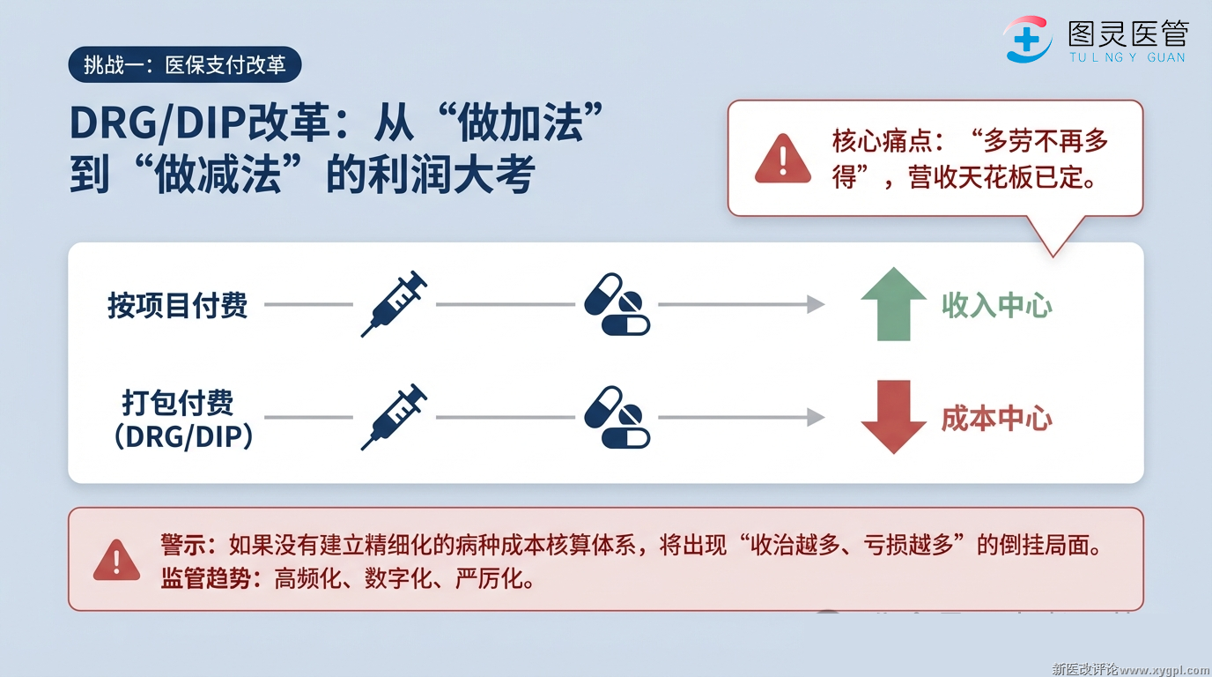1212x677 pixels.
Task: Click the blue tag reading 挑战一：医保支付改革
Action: (184, 65)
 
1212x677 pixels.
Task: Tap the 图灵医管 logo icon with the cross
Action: (1028, 40)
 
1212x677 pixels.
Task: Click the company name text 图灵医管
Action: (1127, 33)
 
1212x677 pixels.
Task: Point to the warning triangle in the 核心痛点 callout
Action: (782, 159)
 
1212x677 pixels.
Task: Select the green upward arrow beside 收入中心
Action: (893, 303)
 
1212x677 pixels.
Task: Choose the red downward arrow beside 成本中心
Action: (893, 417)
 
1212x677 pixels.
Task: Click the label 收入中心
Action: (996, 305)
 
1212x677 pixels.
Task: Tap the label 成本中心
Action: (996, 418)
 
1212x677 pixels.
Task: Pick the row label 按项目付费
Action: (177, 305)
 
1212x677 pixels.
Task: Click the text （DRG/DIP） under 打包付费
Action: (183, 435)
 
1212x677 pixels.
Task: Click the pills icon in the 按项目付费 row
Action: (617, 304)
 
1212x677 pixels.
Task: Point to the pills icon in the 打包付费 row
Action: (617, 417)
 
